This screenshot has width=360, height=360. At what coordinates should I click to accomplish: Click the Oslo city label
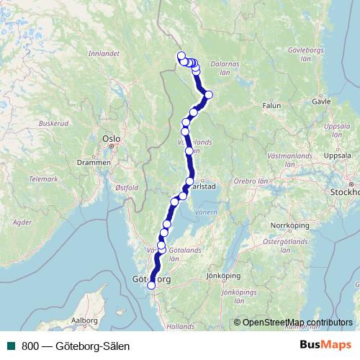(110, 137)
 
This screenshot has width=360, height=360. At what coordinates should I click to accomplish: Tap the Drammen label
(95, 163)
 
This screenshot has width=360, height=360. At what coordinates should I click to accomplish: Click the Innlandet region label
(103, 53)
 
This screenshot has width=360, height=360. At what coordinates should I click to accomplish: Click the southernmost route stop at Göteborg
(151, 286)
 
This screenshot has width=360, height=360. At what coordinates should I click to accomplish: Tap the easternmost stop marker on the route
(209, 94)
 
